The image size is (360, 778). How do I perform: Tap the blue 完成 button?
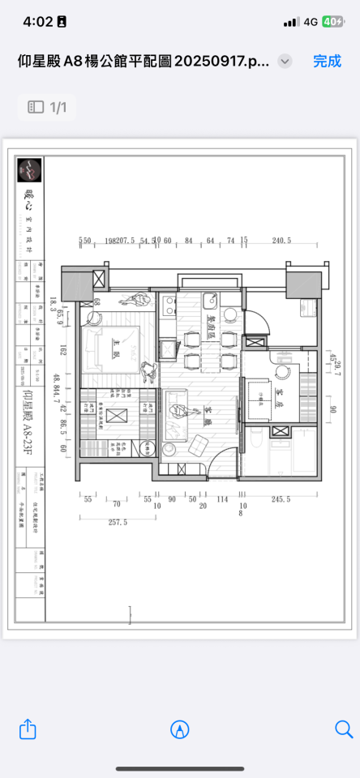328,61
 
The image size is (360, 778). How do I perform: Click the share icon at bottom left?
28,729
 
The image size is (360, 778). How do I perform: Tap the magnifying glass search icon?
344,729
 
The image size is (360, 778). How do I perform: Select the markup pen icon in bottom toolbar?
180,729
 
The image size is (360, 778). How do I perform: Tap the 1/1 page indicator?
47,107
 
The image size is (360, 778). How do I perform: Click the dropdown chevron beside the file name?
285,62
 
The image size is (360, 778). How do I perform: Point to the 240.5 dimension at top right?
281,241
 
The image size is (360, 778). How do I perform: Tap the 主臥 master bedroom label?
117,353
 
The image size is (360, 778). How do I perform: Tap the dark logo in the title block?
30,169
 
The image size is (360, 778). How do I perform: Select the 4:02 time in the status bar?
37,22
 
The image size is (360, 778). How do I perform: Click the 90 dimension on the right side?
332,409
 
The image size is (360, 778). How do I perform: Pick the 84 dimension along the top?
188,241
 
